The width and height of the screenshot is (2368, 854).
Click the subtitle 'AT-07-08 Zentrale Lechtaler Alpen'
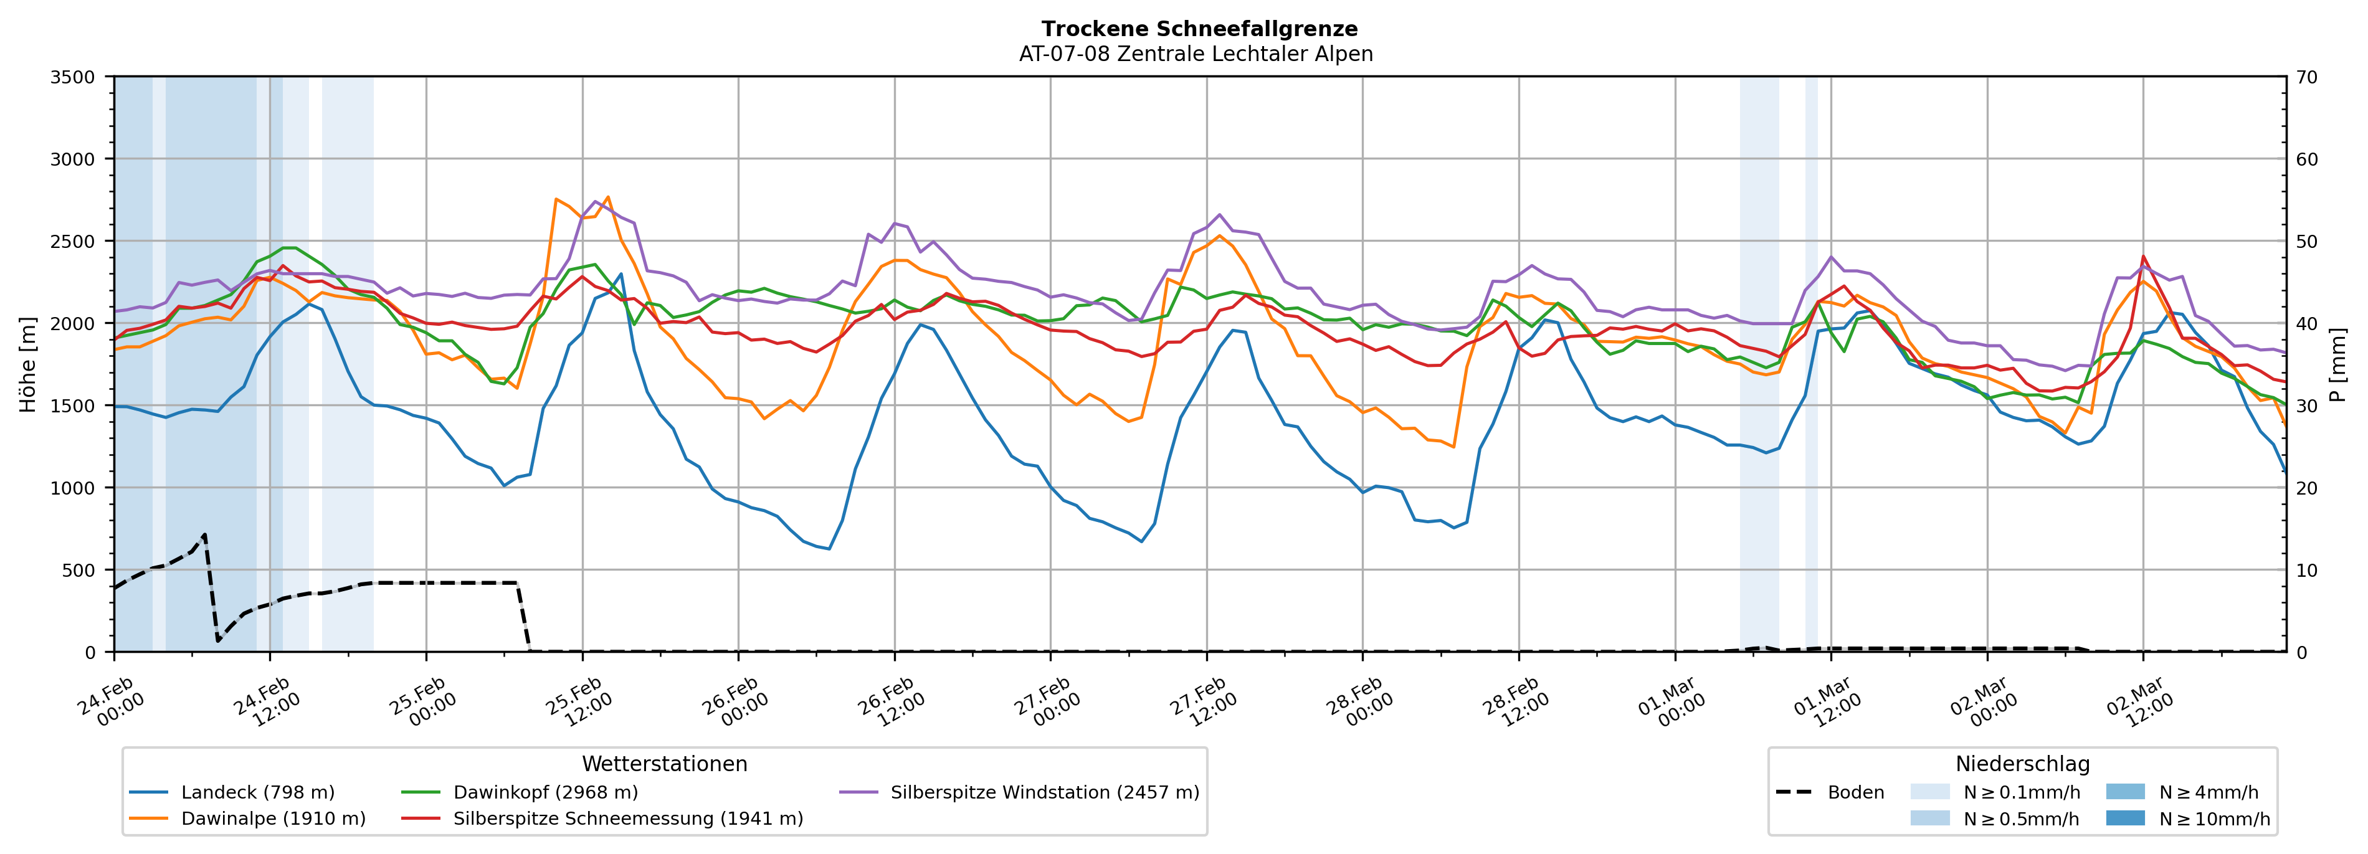(x=1195, y=54)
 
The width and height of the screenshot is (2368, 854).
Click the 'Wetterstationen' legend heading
(x=665, y=764)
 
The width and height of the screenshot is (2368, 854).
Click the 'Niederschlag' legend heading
(x=2022, y=764)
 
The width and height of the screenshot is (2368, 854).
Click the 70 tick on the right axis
(x=2308, y=77)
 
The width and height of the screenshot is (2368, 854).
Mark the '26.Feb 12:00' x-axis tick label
(x=892, y=702)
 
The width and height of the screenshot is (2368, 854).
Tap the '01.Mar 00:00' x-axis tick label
(x=1672, y=702)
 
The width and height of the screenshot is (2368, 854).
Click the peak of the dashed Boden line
(x=204, y=534)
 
